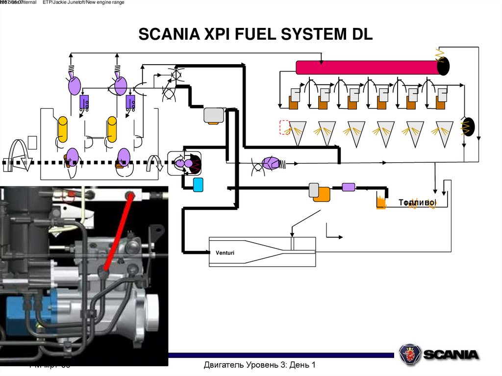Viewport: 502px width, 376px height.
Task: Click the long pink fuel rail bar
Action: pos(368,67)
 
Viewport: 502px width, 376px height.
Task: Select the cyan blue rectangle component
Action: pos(199,184)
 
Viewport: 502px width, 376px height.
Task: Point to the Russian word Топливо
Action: pos(417,202)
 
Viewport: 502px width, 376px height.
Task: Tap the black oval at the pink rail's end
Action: pos(443,66)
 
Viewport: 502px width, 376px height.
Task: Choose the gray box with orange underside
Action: pos(214,115)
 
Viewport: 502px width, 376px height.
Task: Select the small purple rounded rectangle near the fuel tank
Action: pos(348,187)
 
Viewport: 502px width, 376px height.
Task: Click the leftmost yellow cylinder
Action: pos(63,129)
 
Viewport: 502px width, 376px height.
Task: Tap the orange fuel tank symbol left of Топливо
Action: pos(381,201)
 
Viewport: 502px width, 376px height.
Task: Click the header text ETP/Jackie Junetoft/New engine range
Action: pos(83,3)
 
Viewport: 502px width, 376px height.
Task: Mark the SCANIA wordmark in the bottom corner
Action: pos(451,354)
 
